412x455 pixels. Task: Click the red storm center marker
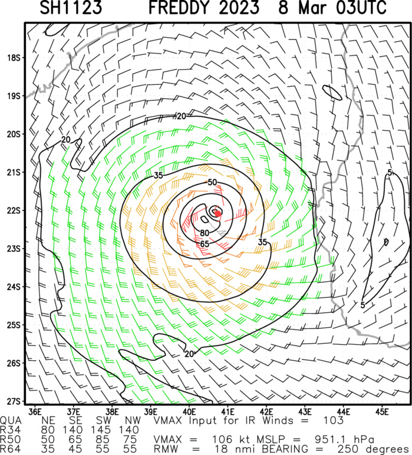(x=217, y=213)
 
